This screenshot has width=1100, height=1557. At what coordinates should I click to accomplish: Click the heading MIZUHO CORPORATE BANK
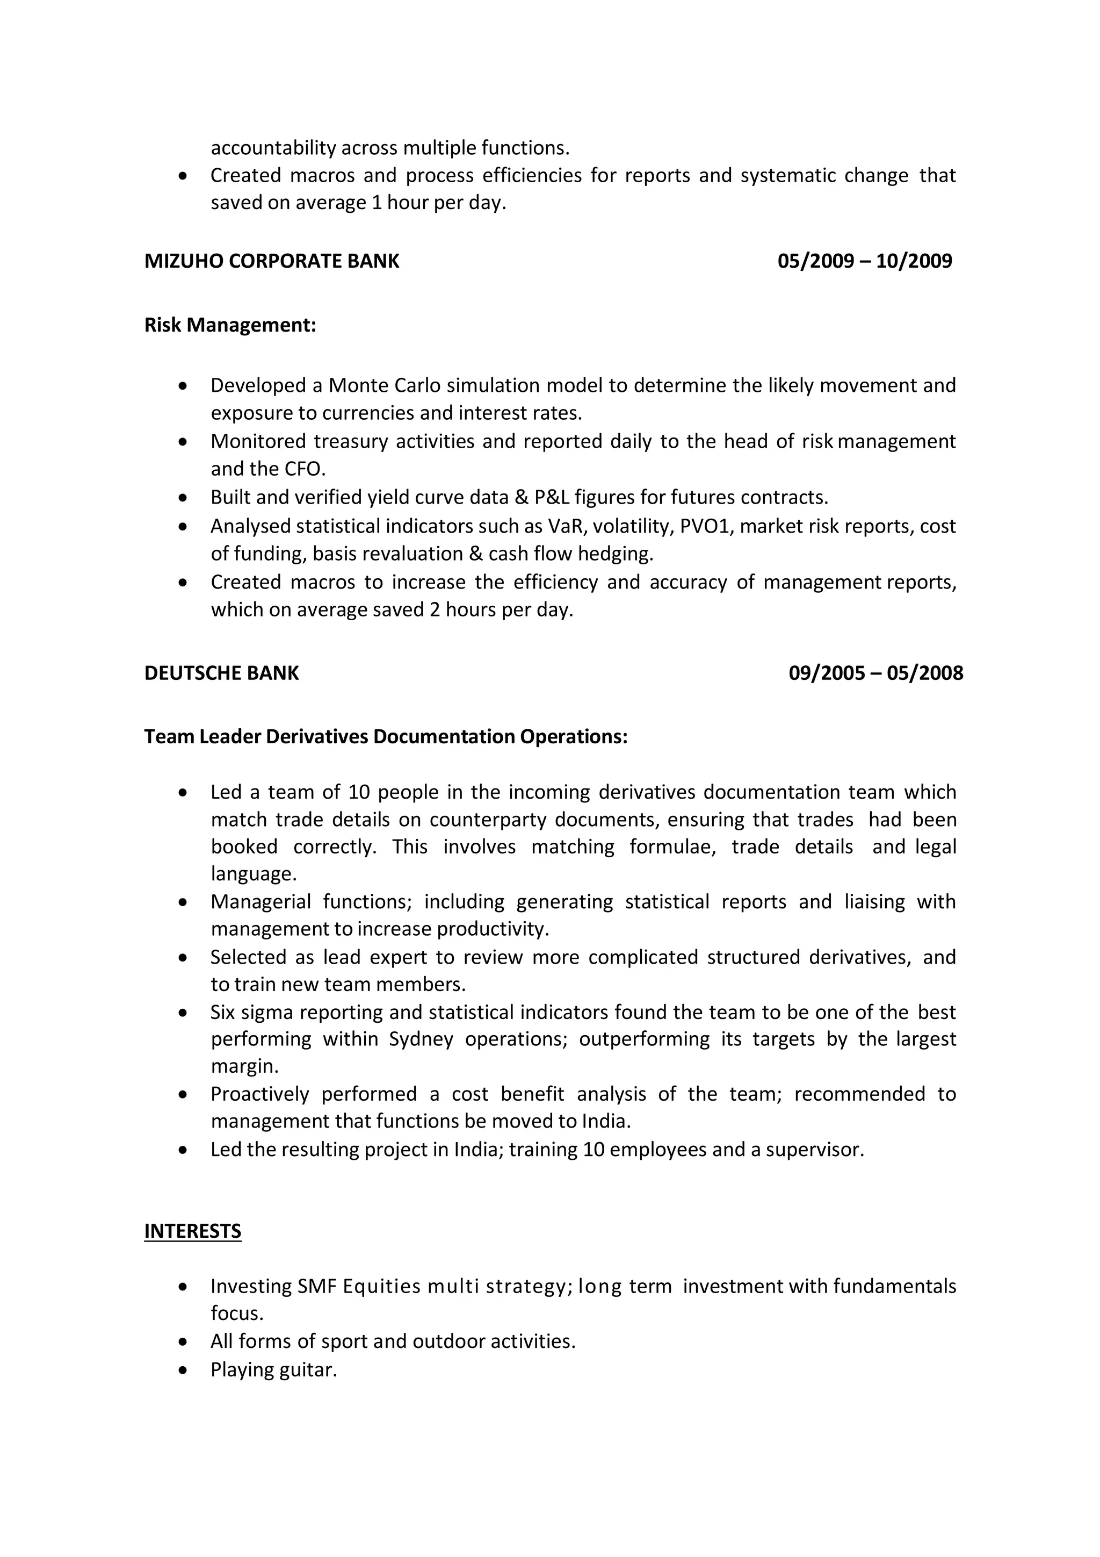[271, 261]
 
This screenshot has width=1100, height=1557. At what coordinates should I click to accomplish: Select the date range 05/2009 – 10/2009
[864, 261]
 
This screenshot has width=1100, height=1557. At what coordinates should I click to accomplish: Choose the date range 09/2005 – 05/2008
[875, 673]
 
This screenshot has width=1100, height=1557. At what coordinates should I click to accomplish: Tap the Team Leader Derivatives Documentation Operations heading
[386, 736]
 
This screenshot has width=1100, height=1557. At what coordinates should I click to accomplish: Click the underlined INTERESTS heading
[192, 1231]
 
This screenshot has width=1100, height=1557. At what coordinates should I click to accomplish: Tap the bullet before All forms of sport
[182, 1342]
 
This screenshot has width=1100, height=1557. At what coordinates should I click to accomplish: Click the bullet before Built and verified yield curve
[182, 498]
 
